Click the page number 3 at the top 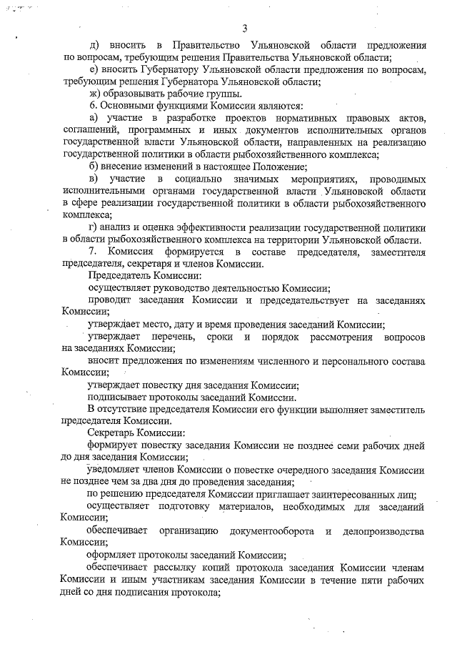(x=244, y=29)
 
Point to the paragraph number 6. (x=91, y=107)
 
